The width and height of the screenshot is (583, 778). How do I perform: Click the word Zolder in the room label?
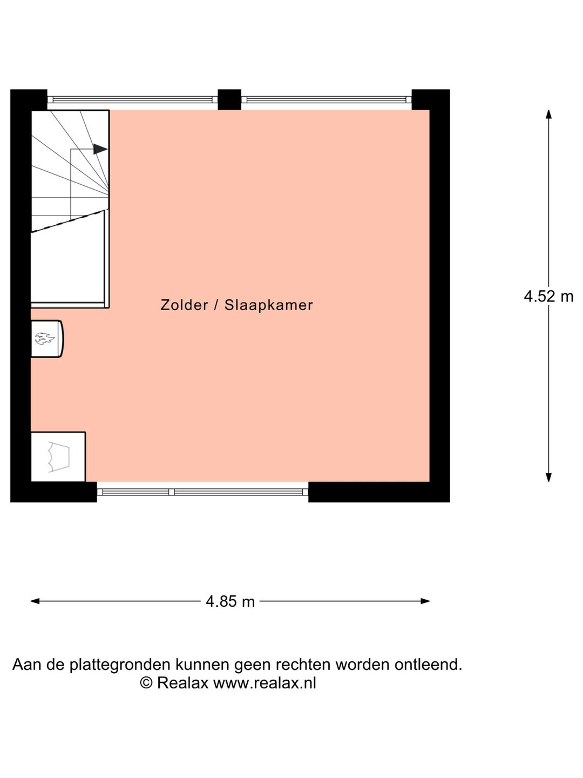click(x=184, y=305)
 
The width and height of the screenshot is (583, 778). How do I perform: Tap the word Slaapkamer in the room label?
click(x=268, y=305)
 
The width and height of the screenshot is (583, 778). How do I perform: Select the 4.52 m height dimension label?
click(x=548, y=297)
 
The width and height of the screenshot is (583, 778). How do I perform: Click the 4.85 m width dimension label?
click(x=230, y=601)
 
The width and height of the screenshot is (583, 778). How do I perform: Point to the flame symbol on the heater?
click(x=45, y=339)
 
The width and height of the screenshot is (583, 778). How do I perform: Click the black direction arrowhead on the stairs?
click(x=100, y=149)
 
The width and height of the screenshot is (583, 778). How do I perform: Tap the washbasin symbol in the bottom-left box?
click(x=58, y=457)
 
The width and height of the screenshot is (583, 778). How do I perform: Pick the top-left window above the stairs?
click(x=132, y=99)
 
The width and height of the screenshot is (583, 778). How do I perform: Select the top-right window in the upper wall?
click(x=326, y=99)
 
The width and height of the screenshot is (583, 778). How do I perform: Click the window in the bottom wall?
click(x=202, y=492)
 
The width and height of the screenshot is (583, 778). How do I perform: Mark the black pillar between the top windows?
click(x=229, y=99)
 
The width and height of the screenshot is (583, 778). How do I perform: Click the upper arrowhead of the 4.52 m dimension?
click(x=548, y=114)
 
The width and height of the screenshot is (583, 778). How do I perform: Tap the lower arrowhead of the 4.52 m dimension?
click(x=548, y=477)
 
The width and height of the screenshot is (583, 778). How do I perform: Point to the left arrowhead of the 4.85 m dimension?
click(x=35, y=601)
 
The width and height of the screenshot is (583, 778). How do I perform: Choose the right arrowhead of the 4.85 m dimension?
click(x=425, y=601)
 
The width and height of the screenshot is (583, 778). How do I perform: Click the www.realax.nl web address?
click(x=265, y=683)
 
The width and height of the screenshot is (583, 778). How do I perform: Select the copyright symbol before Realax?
click(x=146, y=683)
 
